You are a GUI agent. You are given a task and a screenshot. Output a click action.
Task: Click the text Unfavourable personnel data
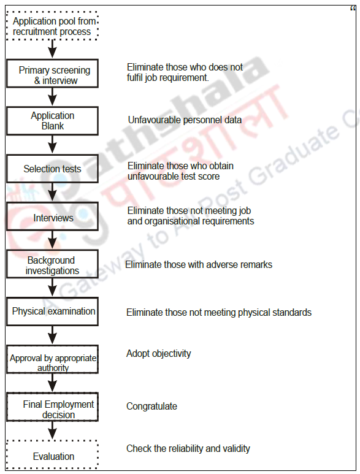click(185, 120)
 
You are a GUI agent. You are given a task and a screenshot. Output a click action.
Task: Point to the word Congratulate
click(151, 406)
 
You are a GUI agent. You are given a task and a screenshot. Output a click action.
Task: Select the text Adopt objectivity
click(158, 353)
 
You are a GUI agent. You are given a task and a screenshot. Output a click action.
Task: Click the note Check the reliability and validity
click(188, 448)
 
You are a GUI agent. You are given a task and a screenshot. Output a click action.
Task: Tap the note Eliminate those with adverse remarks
click(199, 265)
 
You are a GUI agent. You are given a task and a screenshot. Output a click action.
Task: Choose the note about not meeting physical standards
click(218, 312)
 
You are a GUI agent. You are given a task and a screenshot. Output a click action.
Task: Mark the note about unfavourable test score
click(180, 171)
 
